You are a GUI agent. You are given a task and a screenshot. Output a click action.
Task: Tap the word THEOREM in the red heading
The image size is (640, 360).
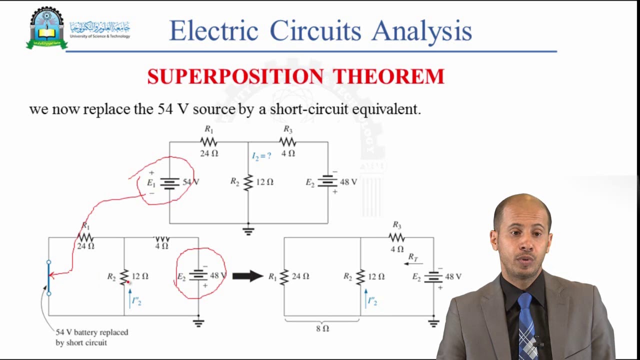[x=388, y=76]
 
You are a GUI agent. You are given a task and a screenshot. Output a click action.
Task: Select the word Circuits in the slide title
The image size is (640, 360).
[x=315, y=31]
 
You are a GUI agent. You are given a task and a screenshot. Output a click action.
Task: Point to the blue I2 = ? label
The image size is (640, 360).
[x=261, y=156]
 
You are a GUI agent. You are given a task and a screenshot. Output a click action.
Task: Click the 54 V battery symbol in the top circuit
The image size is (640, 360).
[x=169, y=183]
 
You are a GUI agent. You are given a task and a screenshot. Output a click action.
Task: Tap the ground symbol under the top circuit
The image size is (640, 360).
[x=248, y=230]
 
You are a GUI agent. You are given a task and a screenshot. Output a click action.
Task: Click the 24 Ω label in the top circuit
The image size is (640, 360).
[x=209, y=153]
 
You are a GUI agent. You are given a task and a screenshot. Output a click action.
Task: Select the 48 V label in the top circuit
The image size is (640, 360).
[x=348, y=182]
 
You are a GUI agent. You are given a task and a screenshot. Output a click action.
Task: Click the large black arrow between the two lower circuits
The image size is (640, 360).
[x=247, y=275]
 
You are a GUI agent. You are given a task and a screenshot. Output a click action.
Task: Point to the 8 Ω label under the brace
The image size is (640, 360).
[x=322, y=328]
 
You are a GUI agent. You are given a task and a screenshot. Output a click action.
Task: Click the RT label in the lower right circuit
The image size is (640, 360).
[x=412, y=257]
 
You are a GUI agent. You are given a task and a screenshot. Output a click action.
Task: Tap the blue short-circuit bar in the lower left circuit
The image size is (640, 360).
[x=48, y=277]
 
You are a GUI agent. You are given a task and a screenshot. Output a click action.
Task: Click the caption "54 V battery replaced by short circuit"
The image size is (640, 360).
[x=91, y=337]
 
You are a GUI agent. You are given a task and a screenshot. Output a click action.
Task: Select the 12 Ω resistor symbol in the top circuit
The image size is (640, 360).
[x=248, y=182]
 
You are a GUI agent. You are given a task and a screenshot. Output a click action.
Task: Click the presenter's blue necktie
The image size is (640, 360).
[x=527, y=325]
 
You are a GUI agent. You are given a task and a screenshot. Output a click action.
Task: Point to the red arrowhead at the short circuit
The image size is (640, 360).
[x=52, y=273]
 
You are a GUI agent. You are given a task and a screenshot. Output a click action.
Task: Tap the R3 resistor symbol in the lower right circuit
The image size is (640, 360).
[x=396, y=237]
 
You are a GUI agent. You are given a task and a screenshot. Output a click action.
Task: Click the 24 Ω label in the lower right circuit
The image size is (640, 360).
[x=300, y=276]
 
